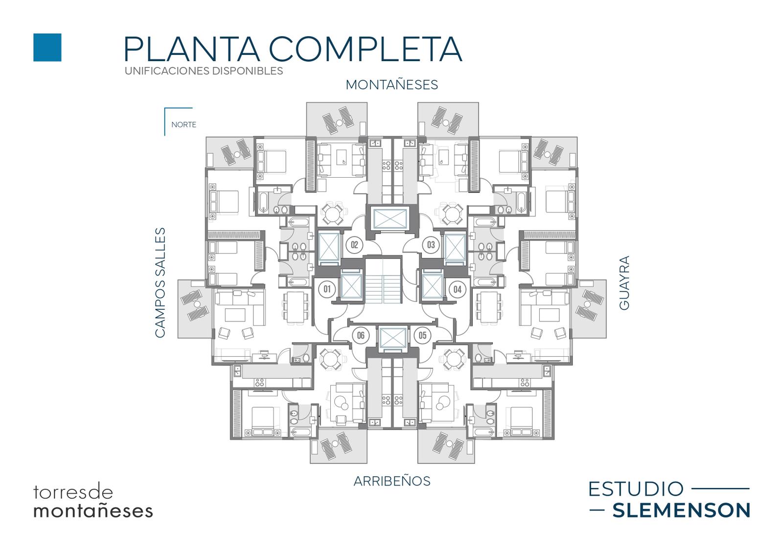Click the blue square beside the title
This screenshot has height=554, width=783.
tap(47, 47)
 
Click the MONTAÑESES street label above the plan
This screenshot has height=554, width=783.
tap(392, 85)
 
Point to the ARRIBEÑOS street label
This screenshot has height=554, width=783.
tap(392, 481)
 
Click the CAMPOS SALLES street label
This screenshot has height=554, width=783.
tap(160, 283)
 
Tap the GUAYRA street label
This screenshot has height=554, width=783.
tap(624, 283)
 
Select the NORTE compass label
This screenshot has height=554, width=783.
tap(184, 125)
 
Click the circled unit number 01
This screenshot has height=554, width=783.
tap(327, 289)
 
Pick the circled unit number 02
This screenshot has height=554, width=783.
tap(354, 245)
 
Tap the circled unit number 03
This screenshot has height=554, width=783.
tap(431, 245)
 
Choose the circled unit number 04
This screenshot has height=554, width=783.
tap(458, 289)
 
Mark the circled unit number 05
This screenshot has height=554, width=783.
tap(423, 336)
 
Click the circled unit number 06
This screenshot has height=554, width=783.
tap(361, 336)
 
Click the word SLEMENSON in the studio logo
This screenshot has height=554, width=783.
tap(681, 510)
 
